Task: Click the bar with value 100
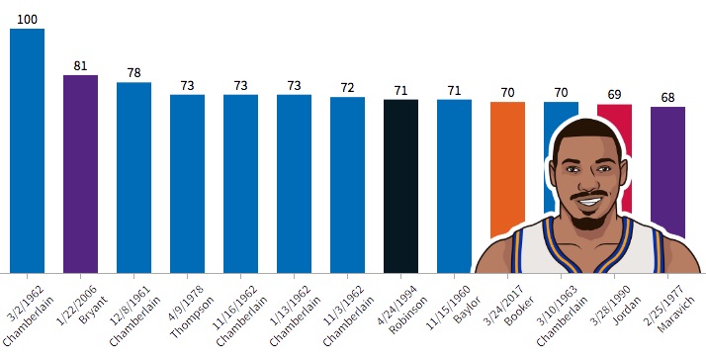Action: click(x=27, y=151)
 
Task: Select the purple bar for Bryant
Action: click(x=81, y=174)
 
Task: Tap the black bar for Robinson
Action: click(x=400, y=186)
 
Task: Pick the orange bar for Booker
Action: click(x=507, y=169)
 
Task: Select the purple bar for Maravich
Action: click(x=667, y=172)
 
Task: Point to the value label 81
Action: click(x=81, y=66)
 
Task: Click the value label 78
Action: click(x=133, y=73)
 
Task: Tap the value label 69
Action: click(x=614, y=95)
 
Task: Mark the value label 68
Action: click(x=667, y=98)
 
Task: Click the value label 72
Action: click(x=348, y=88)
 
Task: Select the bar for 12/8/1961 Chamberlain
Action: click(x=133, y=177)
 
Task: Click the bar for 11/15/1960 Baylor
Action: click(x=454, y=186)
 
